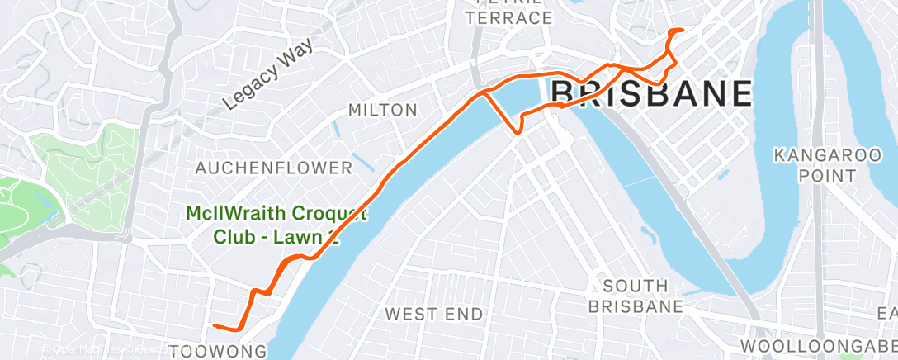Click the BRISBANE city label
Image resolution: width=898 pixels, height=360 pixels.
click(x=650, y=93)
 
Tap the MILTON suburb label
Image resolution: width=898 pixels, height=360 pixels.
click(x=382, y=110)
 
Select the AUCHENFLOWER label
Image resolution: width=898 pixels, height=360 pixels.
click(x=273, y=168)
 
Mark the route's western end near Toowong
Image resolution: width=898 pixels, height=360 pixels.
click(x=214, y=325)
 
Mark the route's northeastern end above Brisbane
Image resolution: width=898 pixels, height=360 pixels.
click(x=682, y=31)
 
